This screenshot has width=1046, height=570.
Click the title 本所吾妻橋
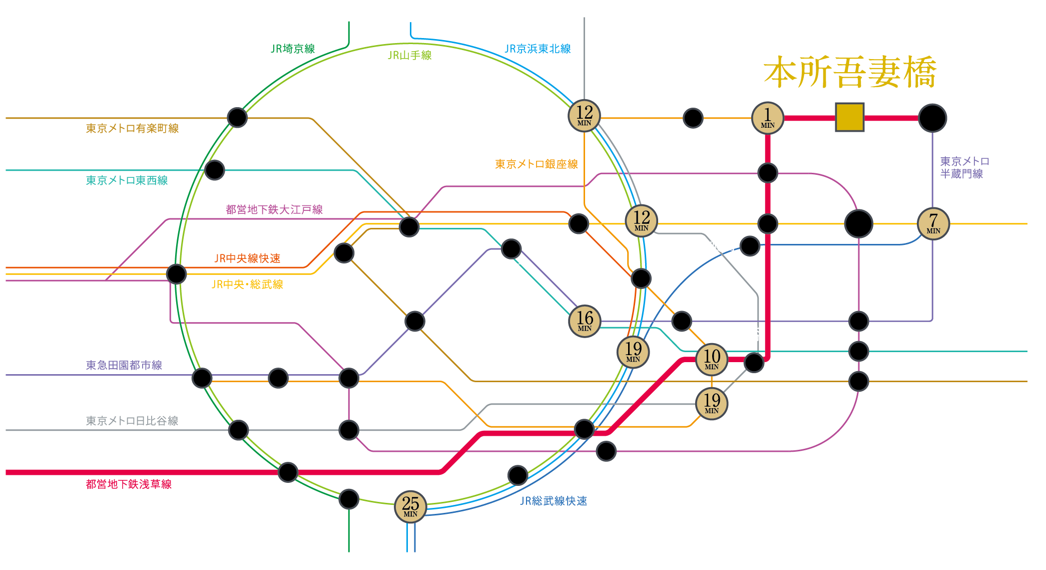[849, 73]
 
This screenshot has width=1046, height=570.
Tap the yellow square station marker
[849, 117]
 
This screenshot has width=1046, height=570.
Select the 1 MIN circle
[767, 118]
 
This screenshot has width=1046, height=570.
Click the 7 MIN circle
[933, 223]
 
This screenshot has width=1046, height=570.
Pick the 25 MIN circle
[410, 506]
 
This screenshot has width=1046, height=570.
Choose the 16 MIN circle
[585, 321]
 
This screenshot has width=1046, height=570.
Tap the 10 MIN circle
[712, 359]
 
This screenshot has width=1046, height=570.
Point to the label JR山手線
[409, 55]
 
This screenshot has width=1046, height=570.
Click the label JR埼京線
[293, 49]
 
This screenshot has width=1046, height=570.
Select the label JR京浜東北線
[538, 49]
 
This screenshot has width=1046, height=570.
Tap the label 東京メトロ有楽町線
[132, 128]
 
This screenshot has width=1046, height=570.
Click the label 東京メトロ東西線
[127, 180]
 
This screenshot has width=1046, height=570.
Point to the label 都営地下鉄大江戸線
[274, 209]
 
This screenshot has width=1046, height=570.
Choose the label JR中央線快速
[247, 258]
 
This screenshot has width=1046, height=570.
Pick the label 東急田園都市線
[124, 365]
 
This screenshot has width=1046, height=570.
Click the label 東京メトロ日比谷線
[132, 421]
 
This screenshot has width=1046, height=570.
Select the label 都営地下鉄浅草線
[129, 484]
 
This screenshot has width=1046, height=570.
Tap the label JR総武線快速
[554, 501]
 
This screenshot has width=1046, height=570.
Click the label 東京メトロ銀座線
[537, 164]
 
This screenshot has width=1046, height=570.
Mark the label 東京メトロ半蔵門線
[964, 167]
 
